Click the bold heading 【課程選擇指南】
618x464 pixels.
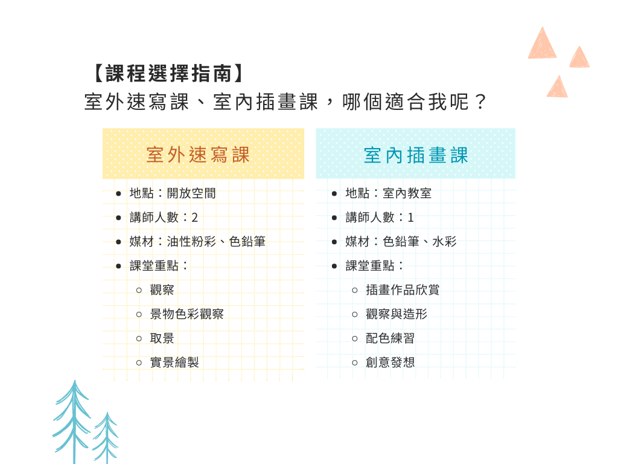pos(169,73)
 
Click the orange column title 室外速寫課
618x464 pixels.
pos(198,154)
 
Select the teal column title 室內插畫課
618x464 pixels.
pos(416,155)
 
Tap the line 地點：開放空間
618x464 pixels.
pos(173,193)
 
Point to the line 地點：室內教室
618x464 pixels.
pos(388,193)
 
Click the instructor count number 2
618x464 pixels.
pos(195,217)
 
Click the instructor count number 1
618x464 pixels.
pos(410,217)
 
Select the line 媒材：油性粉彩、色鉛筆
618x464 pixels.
pos(197,242)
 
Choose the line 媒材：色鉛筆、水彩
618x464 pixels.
pos(401,242)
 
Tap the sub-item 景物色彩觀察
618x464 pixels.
pos(187,314)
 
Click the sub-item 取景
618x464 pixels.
pos(162,338)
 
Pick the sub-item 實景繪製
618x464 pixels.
pos(174,362)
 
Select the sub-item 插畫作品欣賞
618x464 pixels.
pos(403,290)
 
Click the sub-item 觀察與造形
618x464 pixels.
pos(397,314)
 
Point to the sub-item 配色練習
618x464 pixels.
pos(390,338)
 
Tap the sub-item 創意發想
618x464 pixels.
pos(390,362)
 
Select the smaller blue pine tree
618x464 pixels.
pos(106,438)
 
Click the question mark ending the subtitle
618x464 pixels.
pos(480,102)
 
